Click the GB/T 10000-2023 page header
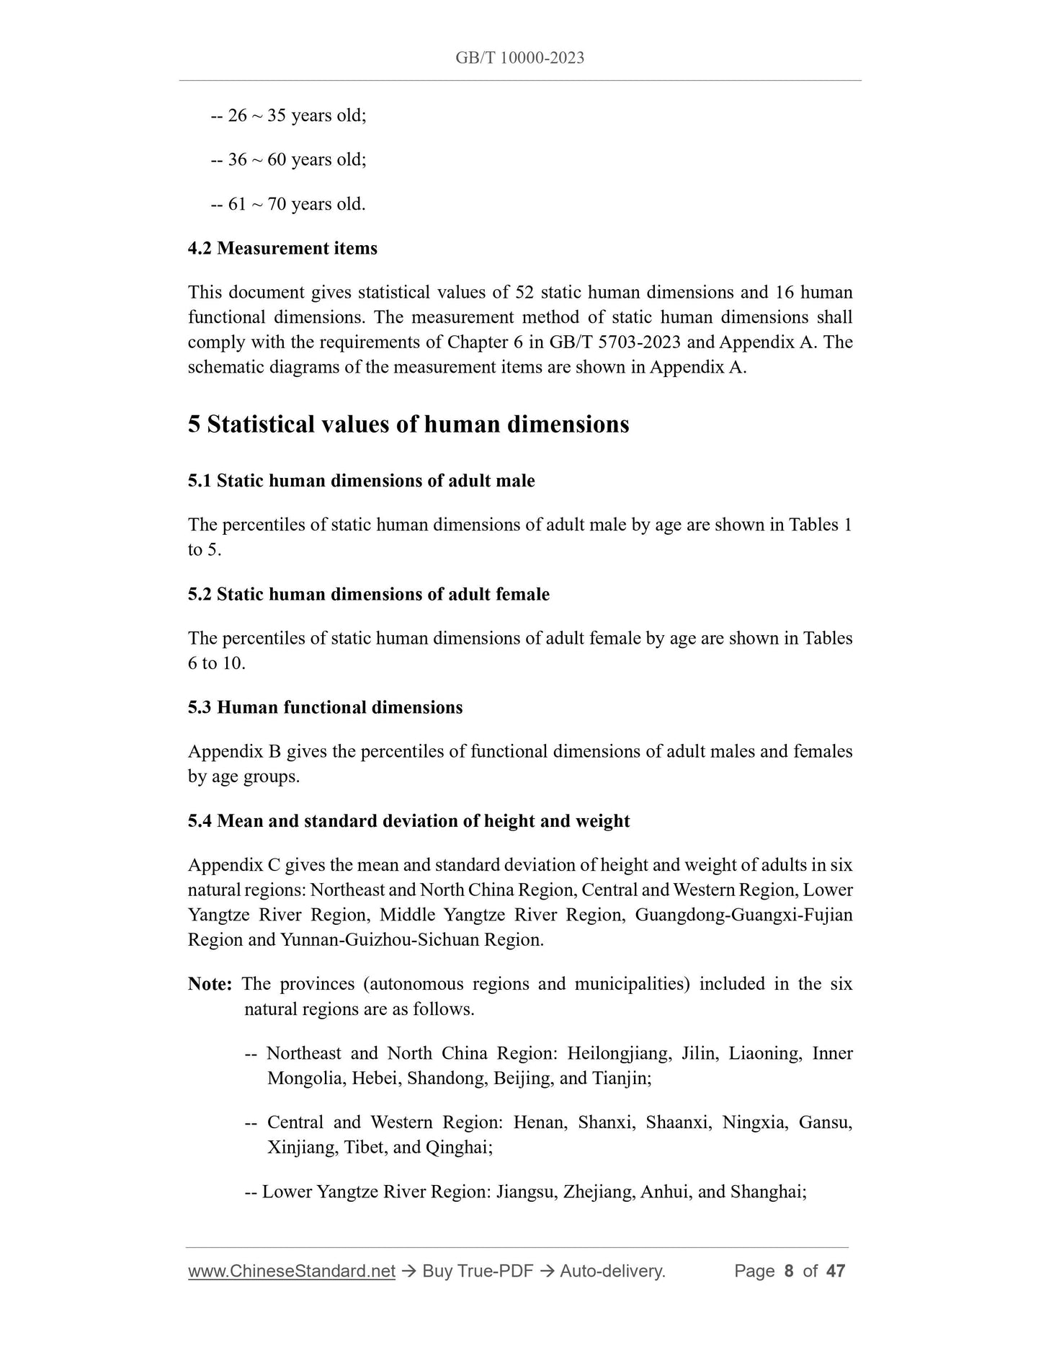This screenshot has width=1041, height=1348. [x=519, y=58]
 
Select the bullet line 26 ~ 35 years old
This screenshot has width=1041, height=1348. [x=288, y=115]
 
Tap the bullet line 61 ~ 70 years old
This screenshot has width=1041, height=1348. [x=288, y=204]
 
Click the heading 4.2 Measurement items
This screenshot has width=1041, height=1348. [x=282, y=248]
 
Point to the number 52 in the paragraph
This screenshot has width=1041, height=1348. [x=524, y=293]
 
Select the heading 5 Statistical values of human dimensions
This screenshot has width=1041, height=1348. [x=408, y=424]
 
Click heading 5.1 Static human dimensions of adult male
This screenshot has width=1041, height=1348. [x=361, y=480]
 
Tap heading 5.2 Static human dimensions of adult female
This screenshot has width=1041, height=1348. [x=368, y=594]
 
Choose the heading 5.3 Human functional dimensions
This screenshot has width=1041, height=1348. [x=325, y=707]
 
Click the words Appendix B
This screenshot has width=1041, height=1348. [x=234, y=751]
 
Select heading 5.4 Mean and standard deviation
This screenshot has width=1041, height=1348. [x=408, y=821]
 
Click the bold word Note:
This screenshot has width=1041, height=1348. [x=210, y=984]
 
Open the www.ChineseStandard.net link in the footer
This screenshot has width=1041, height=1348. [x=292, y=1271]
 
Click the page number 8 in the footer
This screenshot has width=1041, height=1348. [x=788, y=1271]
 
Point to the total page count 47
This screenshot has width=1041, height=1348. [x=836, y=1271]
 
